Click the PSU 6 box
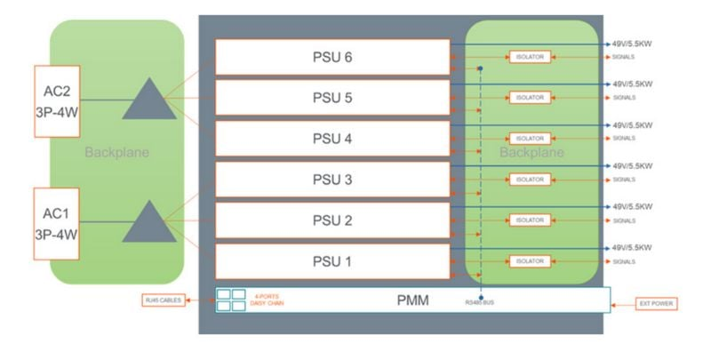(x=332, y=57)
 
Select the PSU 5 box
(x=332, y=98)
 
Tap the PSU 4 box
(x=332, y=139)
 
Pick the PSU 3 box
(x=332, y=180)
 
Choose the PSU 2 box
(x=332, y=220)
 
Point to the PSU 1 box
(x=332, y=261)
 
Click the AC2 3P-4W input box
(x=58, y=100)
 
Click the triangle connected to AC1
(x=143, y=222)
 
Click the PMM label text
(x=413, y=301)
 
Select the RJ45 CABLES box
(x=164, y=301)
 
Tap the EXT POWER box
(x=656, y=304)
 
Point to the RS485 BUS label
(x=481, y=305)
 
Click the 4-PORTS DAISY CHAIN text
(x=268, y=300)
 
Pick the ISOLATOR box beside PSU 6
(x=530, y=56)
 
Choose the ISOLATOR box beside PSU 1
(x=530, y=261)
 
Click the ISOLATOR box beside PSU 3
(x=530, y=180)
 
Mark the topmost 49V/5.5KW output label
(x=632, y=44)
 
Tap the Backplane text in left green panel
(x=116, y=153)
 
